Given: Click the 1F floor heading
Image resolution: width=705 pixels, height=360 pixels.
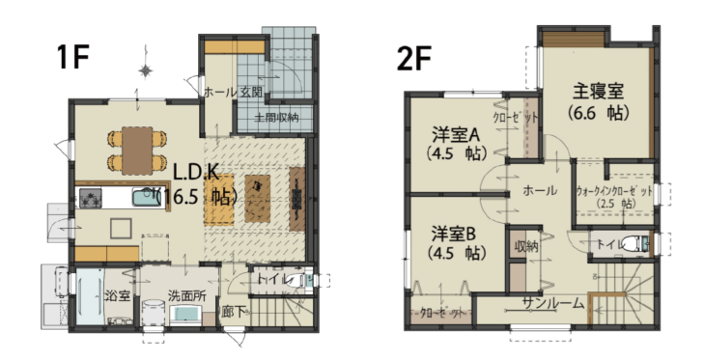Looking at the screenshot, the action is (72, 57).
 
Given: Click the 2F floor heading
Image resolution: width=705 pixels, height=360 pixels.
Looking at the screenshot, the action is (414, 59).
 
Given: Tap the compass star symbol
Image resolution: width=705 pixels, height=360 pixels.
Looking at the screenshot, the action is (145, 71).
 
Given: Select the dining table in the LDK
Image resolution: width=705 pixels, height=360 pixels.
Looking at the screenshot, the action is (137, 151).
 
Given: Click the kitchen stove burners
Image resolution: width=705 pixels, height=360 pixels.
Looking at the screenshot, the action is (91, 198).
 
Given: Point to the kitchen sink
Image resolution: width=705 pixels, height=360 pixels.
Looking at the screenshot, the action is (146, 198).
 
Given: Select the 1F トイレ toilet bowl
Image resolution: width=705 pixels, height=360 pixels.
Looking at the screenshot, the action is (296, 280).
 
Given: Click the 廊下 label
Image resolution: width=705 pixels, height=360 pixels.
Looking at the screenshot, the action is (235, 312).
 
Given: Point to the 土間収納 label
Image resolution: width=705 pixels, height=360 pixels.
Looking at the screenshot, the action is (276, 118).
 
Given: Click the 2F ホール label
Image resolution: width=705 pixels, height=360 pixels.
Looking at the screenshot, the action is (540, 190).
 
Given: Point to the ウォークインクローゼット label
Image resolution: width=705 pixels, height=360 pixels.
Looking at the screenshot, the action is (614, 192).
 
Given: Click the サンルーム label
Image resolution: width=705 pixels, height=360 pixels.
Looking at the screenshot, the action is (553, 304).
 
